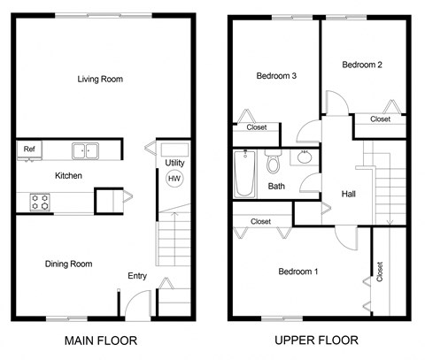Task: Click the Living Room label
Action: coord(99,80)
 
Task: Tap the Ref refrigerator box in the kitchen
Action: coord(29,149)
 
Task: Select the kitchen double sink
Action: coord(86,150)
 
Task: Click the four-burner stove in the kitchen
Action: coord(40,202)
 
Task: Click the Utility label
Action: coord(174,164)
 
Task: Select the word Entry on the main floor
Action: coord(137,276)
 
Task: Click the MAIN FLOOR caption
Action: coord(101,340)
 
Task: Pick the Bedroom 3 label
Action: coord(275,76)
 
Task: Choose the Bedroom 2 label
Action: coord(361,65)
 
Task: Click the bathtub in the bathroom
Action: coord(244,174)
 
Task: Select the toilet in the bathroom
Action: coord(274,164)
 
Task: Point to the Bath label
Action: coord(276,187)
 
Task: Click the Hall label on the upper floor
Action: coord(350,194)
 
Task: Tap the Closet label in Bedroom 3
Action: coord(257,127)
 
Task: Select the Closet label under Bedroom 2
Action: coord(380,119)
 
